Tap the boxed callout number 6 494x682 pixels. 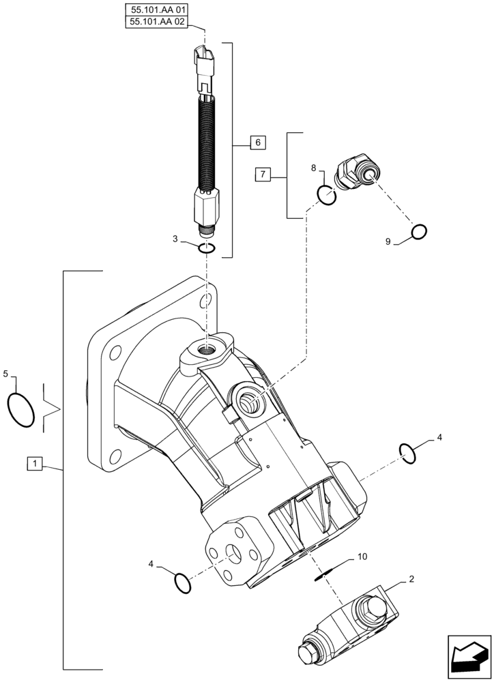coord(257,143)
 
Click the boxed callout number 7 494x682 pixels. coord(264,175)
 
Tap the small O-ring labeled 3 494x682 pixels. coord(208,248)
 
